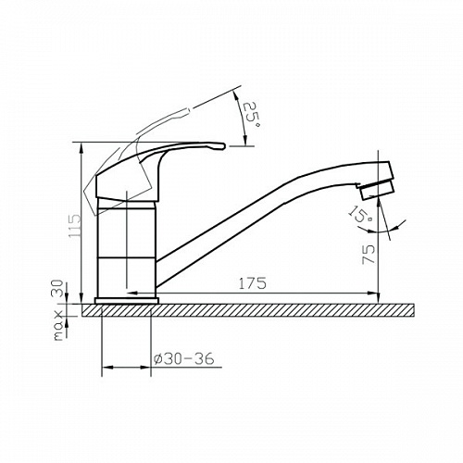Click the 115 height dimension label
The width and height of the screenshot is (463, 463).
pyautogui.click(x=75, y=226)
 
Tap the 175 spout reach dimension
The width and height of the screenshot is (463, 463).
pyautogui.click(x=252, y=283)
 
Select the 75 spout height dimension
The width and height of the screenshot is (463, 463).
pyautogui.click(x=369, y=254)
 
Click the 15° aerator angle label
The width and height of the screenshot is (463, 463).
pyautogui.click(x=360, y=213)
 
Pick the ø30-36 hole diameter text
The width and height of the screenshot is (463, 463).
pyautogui.click(x=183, y=358)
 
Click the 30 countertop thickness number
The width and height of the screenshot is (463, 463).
pyautogui.click(x=58, y=287)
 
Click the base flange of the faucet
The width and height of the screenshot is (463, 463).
pyautogui.click(x=127, y=301)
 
